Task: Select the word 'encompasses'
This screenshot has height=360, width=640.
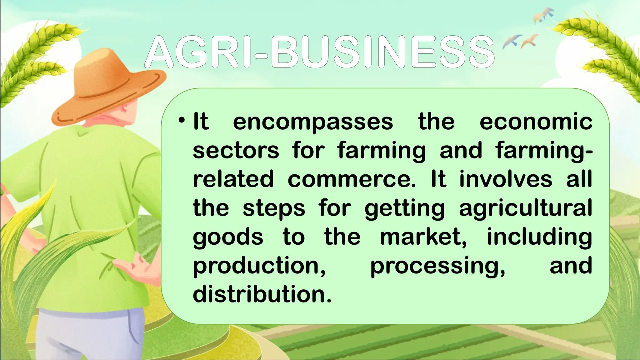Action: click(x=313, y=122)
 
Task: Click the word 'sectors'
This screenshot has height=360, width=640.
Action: click(x=236, y=150)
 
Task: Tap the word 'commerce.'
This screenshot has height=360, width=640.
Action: click(x=352, y=179)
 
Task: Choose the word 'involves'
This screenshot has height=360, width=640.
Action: click(x=506, y=179)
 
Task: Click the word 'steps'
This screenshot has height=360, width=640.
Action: click(x=274, y=208)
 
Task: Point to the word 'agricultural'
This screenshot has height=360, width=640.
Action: click(x=525, y=208)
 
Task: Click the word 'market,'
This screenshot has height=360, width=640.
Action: click(x=423, y=237)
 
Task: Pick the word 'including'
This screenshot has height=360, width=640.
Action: click(x=539, y=237)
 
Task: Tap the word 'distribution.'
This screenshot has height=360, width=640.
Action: click(x=262, y=294)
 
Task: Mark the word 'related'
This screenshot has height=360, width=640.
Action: click(x=233, y=179)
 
